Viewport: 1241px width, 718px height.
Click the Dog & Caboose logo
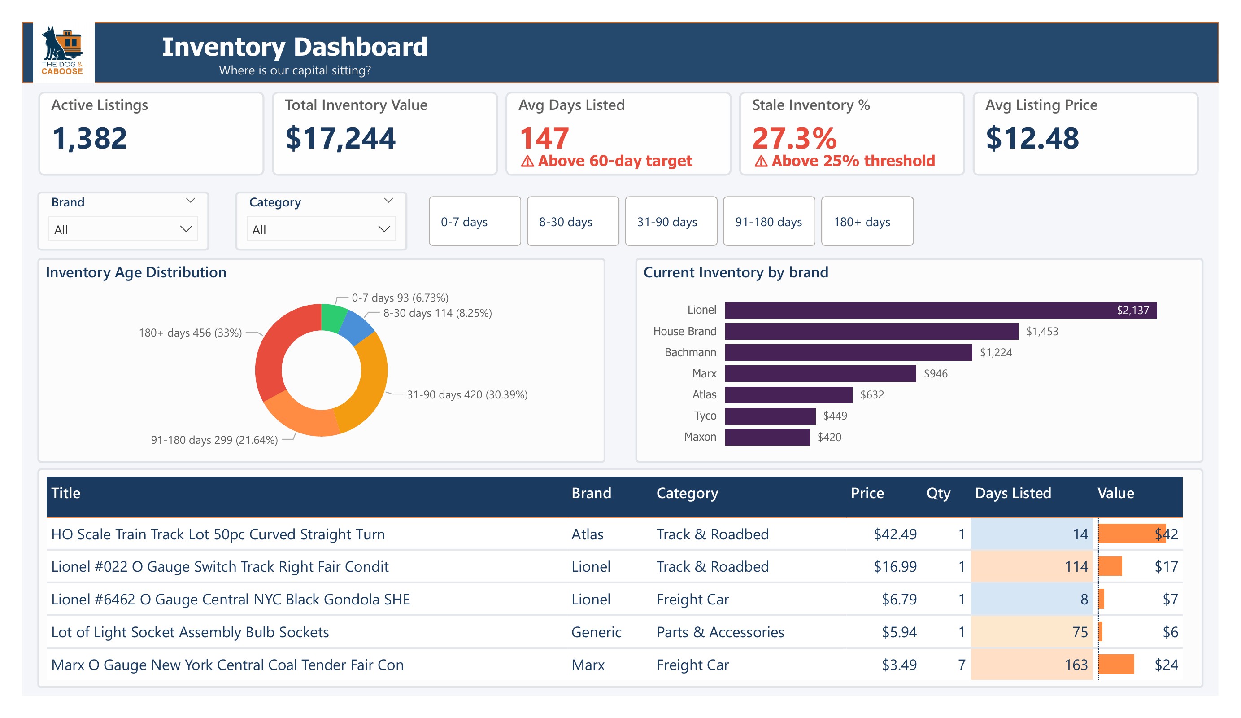click(x=62, y=51)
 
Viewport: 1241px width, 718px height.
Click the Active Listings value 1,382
click(x=90, y=139)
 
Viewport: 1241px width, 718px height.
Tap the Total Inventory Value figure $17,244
click(x=340, y=139)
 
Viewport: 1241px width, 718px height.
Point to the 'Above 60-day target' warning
click(x=607, y=161)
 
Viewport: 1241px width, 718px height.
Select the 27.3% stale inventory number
click(x=794, y=139)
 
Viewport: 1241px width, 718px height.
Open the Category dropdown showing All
click(x=321, y=229)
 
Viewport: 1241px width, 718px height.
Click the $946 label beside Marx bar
click(x=935, y=373)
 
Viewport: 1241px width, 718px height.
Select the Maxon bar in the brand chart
click(x=767, y=437)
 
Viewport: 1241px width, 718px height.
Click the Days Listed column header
click(x=1013, y=493)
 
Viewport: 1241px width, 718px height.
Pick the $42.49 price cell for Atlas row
click(x=895, y=534)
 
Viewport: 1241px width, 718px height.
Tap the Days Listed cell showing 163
click(x=1076, y=665)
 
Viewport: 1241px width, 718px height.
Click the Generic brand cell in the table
click(x=596, y=632)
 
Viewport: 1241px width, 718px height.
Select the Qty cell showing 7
click(x=961, y=665)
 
